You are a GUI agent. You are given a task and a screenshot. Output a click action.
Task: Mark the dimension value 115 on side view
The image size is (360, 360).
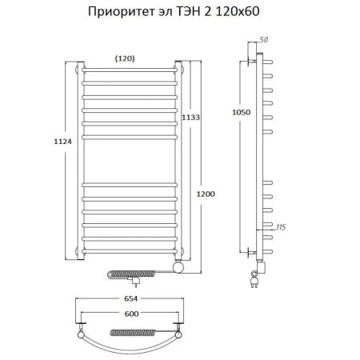pos(280,229)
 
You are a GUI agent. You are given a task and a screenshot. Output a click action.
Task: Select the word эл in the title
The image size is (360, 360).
pos(165,11)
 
